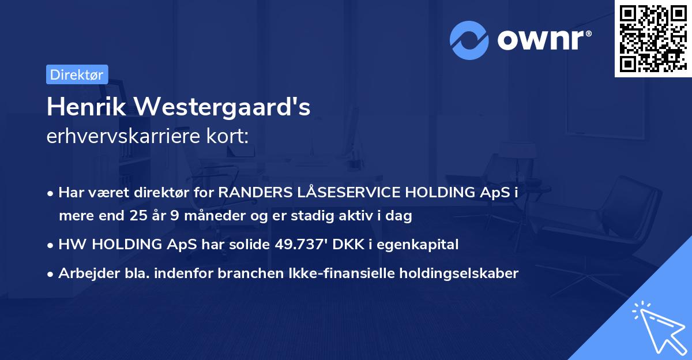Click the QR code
[x=653, y=39]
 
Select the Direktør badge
[x=77, y=74]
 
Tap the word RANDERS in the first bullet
[x=252, y=193]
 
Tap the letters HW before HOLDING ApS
[x=70, y=245]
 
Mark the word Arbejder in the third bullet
[x=83, y=273]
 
